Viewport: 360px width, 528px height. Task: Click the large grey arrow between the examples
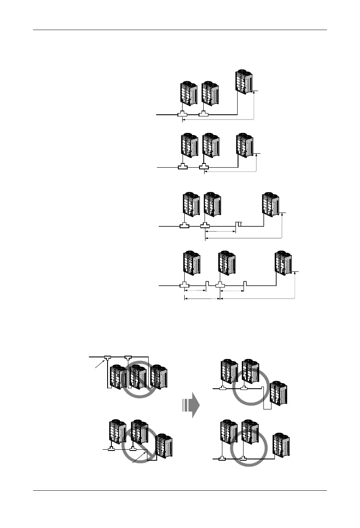[192, 404]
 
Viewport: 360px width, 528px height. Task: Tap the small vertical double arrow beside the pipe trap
[240, 224]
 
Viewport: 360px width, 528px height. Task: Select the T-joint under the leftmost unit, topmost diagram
[183, 114]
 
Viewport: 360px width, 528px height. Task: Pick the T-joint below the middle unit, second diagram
[205, 168]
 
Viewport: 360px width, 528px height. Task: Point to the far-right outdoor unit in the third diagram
[271, 206]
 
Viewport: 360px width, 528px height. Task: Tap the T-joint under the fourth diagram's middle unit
[219, 286]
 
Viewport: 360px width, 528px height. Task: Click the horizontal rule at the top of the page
[180, 30]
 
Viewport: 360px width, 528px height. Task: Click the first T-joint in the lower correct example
[222, 458]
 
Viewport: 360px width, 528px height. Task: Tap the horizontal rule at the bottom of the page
[180, 491]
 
